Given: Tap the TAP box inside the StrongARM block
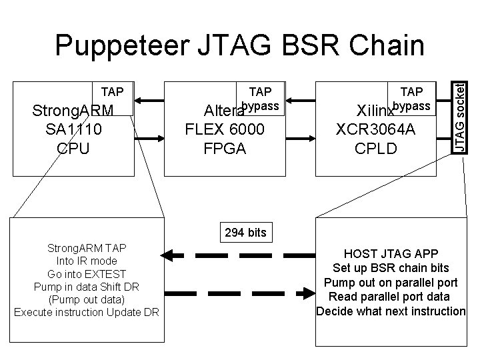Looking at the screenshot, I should [x=111, y=98].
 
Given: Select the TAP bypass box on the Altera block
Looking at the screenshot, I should [x=261, y=99].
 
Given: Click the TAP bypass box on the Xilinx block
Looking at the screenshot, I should [x=412, y=99].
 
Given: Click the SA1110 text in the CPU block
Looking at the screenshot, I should [x=73, y=129].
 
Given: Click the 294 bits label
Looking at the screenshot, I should [x=245, y=233].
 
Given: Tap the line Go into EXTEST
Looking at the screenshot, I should [x=87, y=274].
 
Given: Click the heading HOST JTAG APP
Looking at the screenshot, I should [x=391, y=254].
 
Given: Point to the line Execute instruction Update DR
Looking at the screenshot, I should [x=87, y=312].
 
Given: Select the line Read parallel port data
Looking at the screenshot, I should [x=391, y=297].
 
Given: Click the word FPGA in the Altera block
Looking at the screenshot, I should [x=225, y=148].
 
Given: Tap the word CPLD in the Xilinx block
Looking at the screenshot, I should [x=376, y=148].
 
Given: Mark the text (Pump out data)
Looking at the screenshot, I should [x=87, y=299].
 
